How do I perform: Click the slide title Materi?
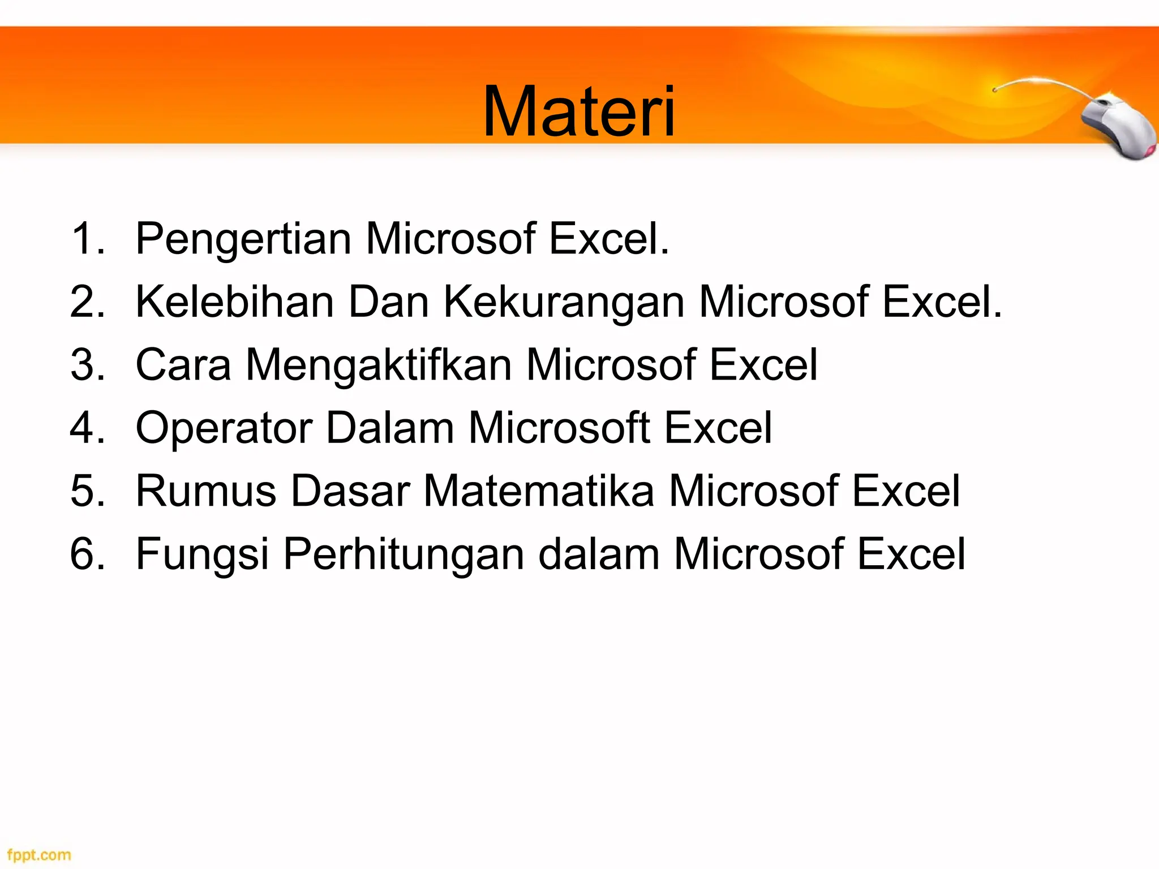point(579,111)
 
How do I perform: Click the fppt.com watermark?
point(39,854)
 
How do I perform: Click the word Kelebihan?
point(235,302)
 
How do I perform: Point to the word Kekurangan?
point(564,303)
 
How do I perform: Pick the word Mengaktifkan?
point(379,365)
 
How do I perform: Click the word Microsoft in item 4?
point(559,428)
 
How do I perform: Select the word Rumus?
point(206,491)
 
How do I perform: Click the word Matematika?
point(539,491)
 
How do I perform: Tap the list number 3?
point(88,365)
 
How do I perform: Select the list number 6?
point(88,553)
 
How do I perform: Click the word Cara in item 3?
point(183,365)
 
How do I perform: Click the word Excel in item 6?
point(911,553)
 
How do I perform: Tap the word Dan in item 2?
point(388,302)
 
